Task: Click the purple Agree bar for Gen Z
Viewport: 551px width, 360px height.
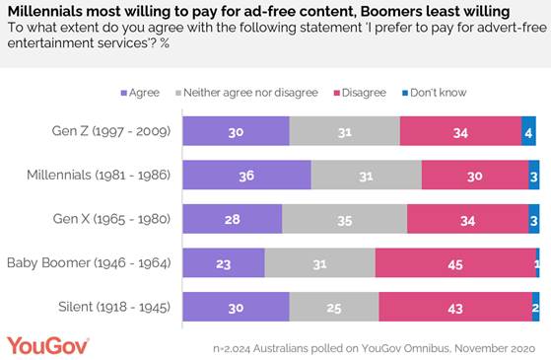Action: click(237, 130)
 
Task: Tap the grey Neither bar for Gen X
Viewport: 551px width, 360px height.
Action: click(344, 219)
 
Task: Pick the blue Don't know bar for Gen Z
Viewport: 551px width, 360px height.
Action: click(529, 130)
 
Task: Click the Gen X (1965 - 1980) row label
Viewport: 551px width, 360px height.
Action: click(109, 219)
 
